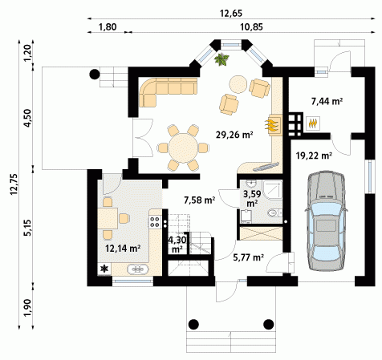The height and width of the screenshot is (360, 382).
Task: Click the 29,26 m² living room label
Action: tap(234, 135)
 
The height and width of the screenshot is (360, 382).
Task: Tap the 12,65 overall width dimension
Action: tap(231, 13)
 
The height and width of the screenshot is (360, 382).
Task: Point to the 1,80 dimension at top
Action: tap(108, 27)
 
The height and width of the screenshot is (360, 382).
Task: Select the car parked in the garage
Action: tap(326, 221)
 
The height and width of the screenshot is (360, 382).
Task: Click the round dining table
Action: tap(183, 148)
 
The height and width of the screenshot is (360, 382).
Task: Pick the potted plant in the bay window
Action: tap(221, 59)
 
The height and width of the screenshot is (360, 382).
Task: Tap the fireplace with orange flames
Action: tap(274, 125)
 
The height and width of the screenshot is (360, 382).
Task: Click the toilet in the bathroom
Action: tap(274, 213)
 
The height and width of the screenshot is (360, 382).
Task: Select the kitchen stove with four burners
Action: tap(155, 222)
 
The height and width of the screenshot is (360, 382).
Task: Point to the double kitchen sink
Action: tap(137, 269)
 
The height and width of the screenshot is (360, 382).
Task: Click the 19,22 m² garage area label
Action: tap(314, 156)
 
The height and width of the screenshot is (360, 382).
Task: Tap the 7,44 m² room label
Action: tap(327, 101)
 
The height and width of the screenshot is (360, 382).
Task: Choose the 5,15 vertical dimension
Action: tap(28, 228)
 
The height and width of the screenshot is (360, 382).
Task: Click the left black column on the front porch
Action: tap(193, 325)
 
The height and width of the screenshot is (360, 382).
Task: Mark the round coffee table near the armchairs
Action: tap(238, 84)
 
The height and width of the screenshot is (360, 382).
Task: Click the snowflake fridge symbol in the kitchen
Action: tap(104, 269)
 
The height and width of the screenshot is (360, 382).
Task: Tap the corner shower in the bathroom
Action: tap(273, 190)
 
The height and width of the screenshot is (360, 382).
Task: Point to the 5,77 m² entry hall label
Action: tap(249, 257)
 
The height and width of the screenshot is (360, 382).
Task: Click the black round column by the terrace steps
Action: tap(95, 74)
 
